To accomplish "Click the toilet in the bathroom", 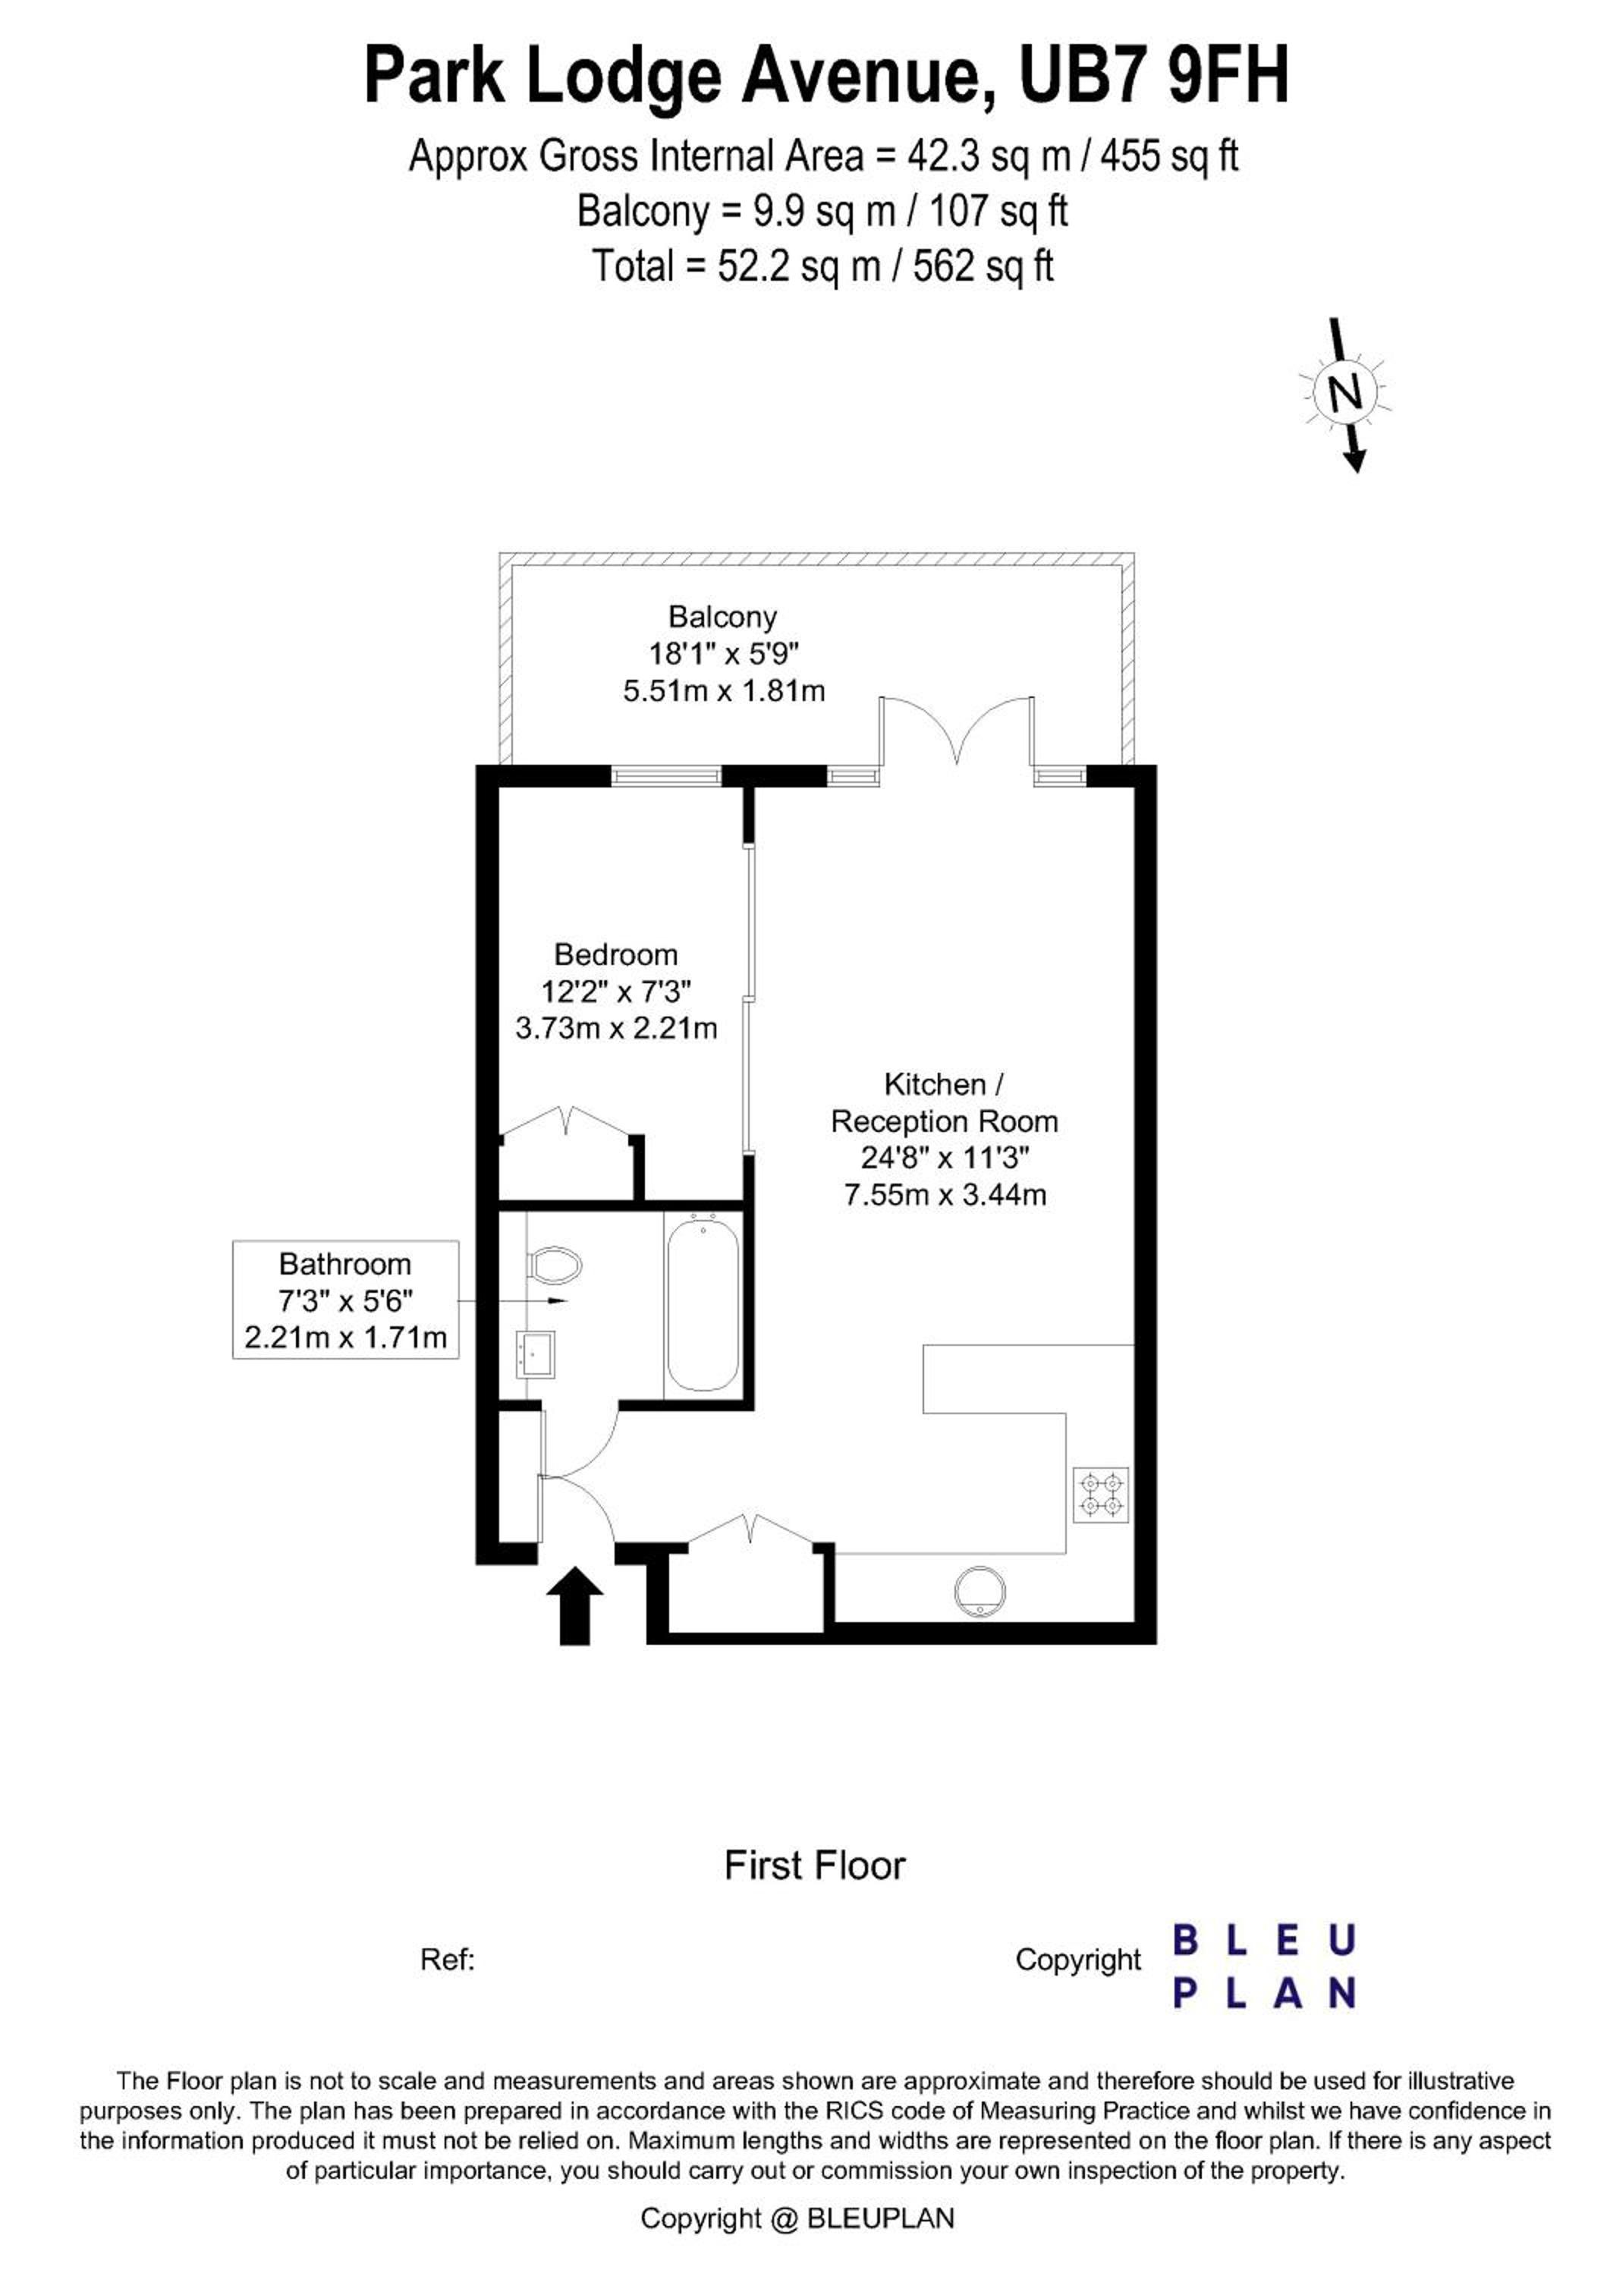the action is (x=554, y=1264).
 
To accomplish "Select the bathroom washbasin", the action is (x=536, y=1353).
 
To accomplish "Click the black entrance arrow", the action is (x=575, y=1605).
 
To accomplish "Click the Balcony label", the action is (x=723, y=617).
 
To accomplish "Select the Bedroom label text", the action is (x=615, y=954).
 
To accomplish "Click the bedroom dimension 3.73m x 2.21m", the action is (x=615, y=1028).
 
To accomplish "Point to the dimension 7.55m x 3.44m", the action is (x=945, y=1194).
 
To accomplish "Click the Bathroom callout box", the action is (x=346, y=1300).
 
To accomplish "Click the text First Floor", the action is (x=815, y=1866).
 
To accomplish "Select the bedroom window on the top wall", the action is (x=666, y=776).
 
